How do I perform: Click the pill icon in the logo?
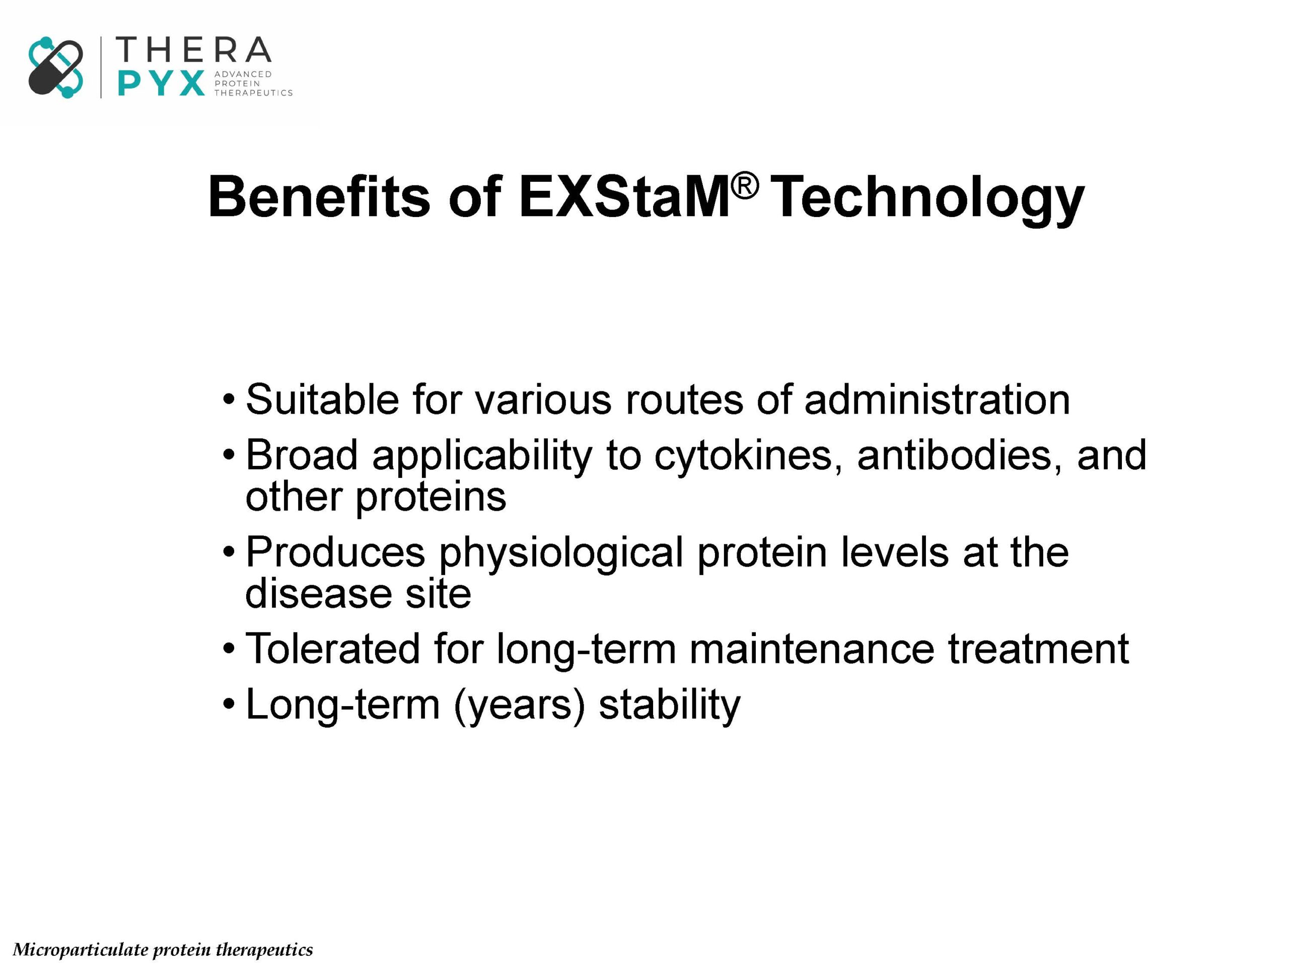click(x=55, y=67)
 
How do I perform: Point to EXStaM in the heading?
click(x=624, y=196)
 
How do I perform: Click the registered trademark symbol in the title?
click(x=746, y=186)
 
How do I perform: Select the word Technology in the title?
click(x=929, y=200)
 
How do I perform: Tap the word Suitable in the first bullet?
click(x=322, y=399)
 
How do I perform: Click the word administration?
click(x=937, y=399)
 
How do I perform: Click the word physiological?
click(x=560, y=553)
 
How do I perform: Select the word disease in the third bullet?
click(x=318, y=593)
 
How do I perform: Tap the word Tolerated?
click(x=333, y=648)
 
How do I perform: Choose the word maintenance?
click(x=812, y=648)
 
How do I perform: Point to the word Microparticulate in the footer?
click(x=81, y=950)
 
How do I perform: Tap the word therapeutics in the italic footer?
click(x=264, y=950)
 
